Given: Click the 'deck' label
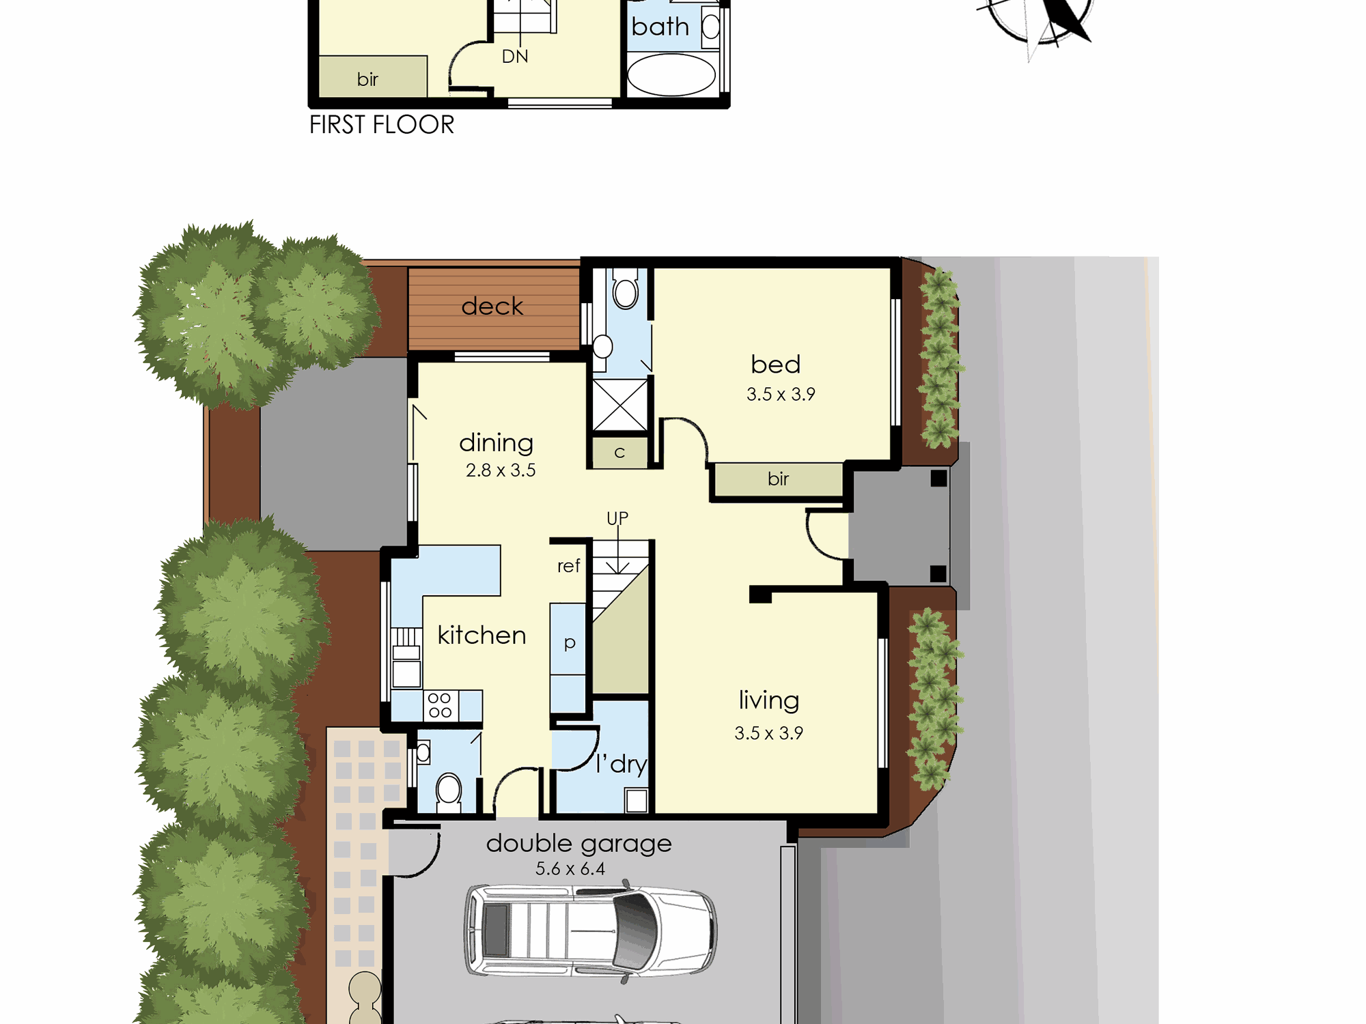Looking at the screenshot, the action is tap(492, 306).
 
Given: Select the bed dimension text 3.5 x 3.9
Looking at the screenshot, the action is tap(781, 394).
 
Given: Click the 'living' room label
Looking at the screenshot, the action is tap(769, 701).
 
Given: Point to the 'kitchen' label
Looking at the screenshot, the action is tap(482, 635).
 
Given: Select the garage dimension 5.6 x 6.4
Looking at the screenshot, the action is tap(570, 869).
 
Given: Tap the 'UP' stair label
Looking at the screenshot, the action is tap(617, 518).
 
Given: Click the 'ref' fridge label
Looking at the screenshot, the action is tap(568, 566).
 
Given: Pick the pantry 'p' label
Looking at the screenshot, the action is tap(570, 643).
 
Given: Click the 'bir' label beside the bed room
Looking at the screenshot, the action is tap(778, 479).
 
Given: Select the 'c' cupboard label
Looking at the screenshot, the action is tap(619, 453).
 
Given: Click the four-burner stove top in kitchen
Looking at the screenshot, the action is tap(440, 705).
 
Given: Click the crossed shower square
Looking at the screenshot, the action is tap(619, 406).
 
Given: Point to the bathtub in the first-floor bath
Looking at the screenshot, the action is tap(671, 75).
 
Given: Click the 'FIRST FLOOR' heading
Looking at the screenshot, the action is tap(382, 125).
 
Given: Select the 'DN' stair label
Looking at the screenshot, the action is tap(515, 57).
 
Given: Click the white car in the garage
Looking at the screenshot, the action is tap(591, 931).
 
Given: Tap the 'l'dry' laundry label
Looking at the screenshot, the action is tap(621, 764).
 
